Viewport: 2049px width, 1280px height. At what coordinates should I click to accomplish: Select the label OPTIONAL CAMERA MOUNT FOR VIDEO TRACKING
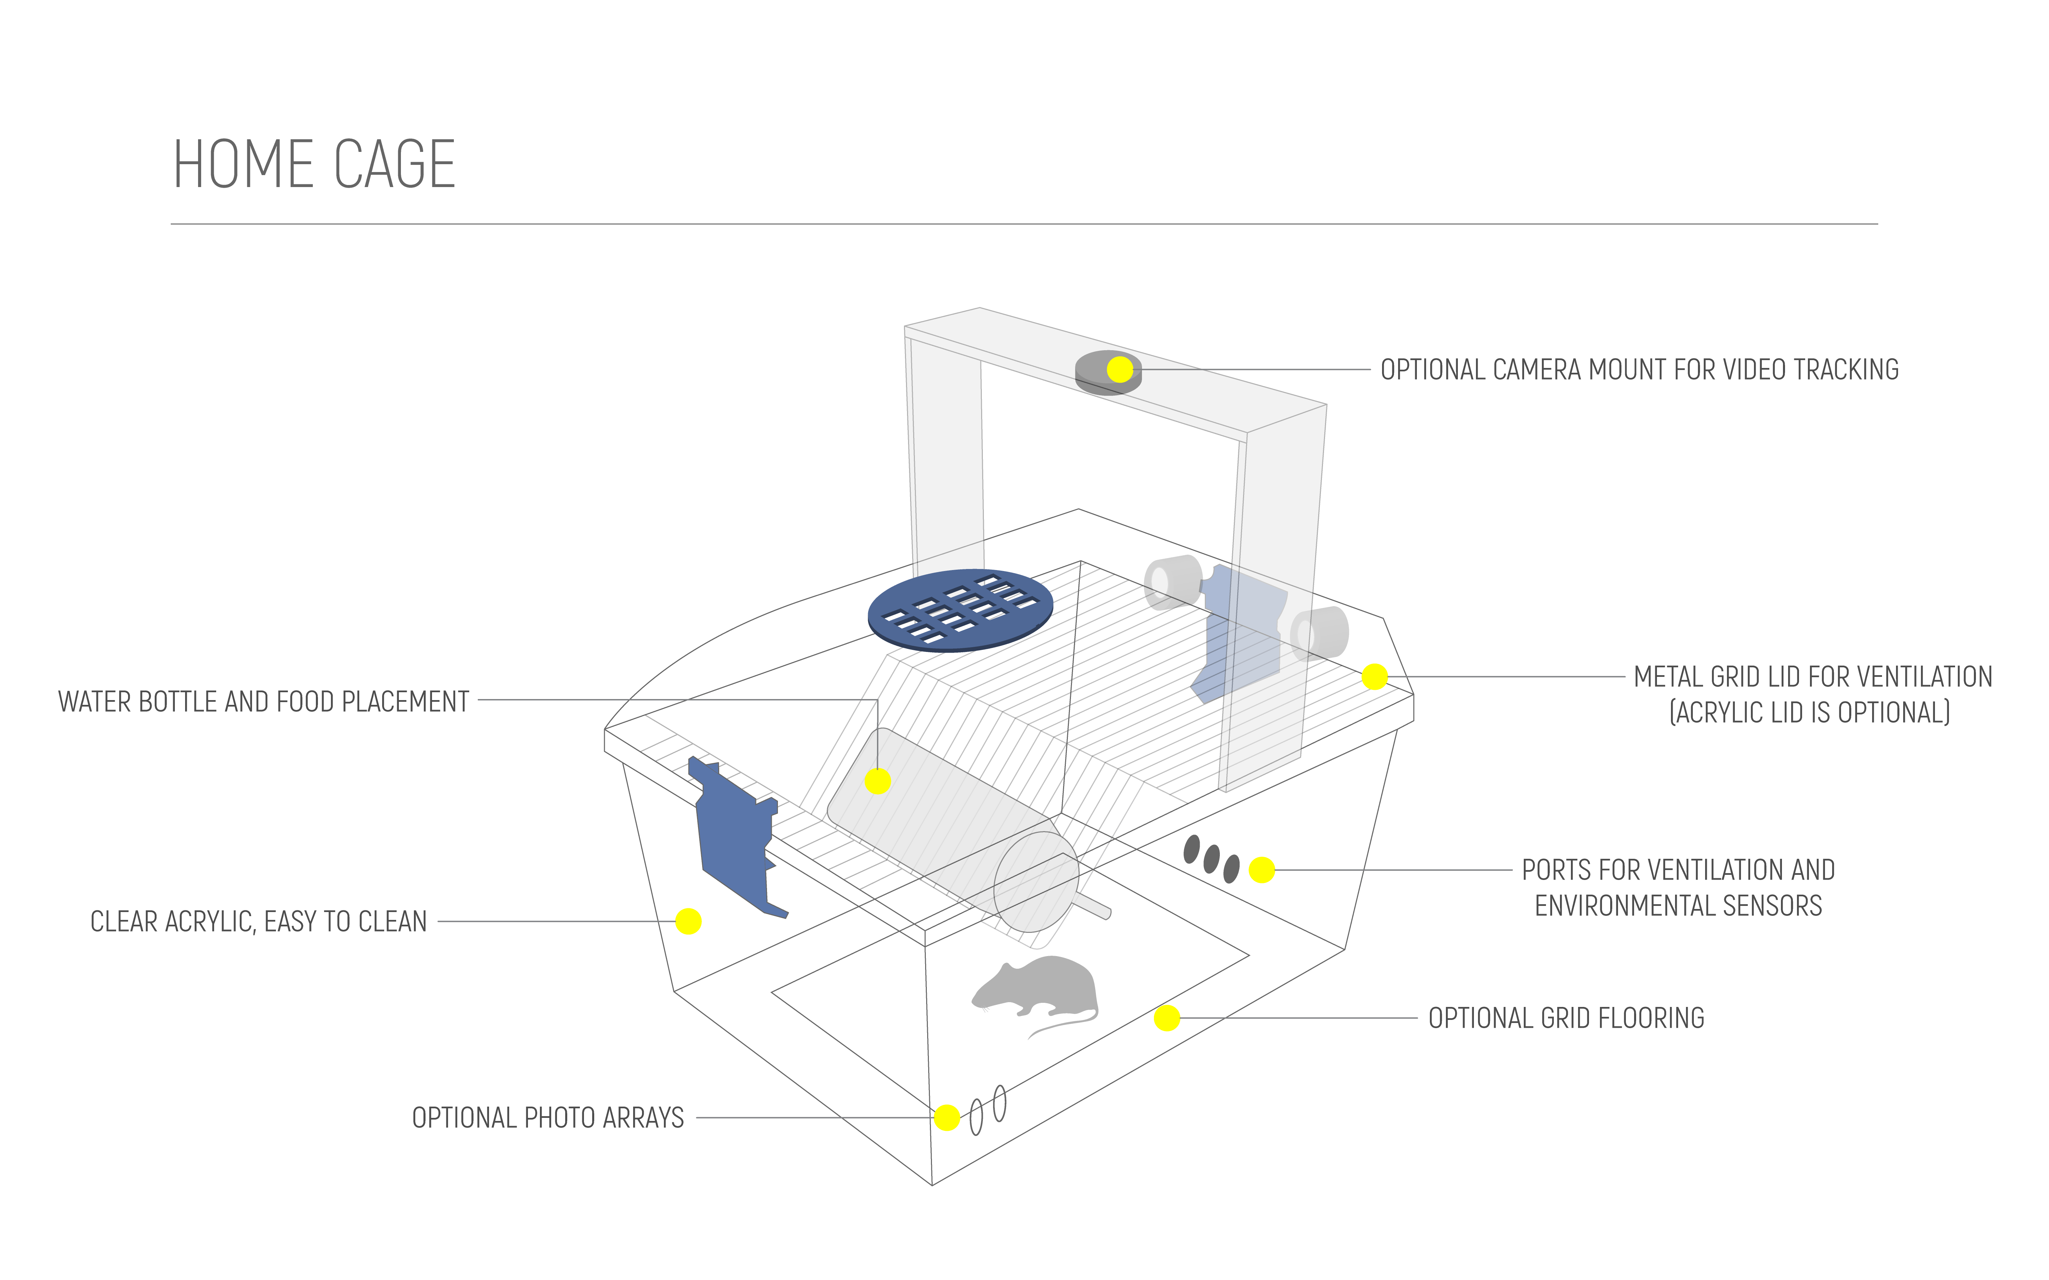pyautogui.click(x=1639, y=370)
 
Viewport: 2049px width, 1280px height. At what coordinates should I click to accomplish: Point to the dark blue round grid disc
pyautogui.click(x=960, y=610)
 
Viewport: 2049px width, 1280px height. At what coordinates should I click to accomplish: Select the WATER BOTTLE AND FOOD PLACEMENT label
pyautogui.click(x=263, y=702)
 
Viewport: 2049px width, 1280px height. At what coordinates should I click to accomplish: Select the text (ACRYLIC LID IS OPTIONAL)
pyautogui.click(x=1809, y=713)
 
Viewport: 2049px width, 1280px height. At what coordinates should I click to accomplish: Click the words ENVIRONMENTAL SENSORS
pyautogui.click(x=1678, y=906)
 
